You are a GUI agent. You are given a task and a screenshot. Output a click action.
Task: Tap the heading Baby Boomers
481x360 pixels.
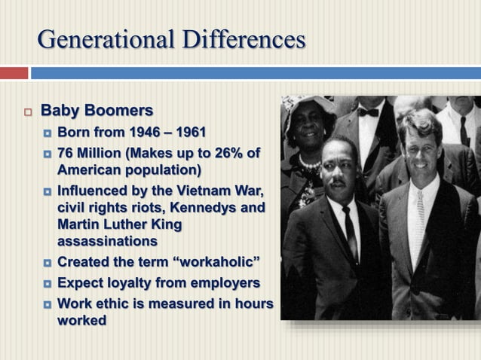click(97, 111)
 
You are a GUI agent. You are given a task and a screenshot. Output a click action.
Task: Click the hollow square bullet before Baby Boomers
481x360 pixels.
click(28, 112)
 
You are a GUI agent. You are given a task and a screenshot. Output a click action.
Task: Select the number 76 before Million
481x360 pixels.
click(67, 154)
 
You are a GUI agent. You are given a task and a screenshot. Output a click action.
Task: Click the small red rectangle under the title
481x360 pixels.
click(14, 73)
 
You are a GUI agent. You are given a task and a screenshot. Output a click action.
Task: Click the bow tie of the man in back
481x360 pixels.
click(368, 112)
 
